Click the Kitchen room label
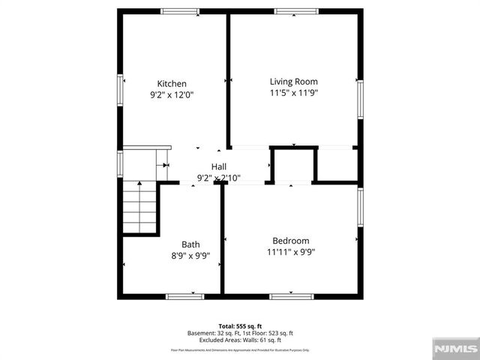coord(172,84)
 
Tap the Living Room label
coord(294,82)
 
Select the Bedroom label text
coord(290,241)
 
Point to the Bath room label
coord(190,244)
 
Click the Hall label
coord(219,166)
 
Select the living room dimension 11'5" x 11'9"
coord(294,93)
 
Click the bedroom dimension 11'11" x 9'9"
coord(290,252)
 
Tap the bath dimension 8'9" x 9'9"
coord(190,256)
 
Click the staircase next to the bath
coord(139,208)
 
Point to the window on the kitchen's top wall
coord(180,11)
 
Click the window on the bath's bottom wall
coord(184,297)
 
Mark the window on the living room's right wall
coord(360,100)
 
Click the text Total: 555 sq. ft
coord(239,325)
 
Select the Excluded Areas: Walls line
coord(239,340)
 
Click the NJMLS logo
coord(455,348)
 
